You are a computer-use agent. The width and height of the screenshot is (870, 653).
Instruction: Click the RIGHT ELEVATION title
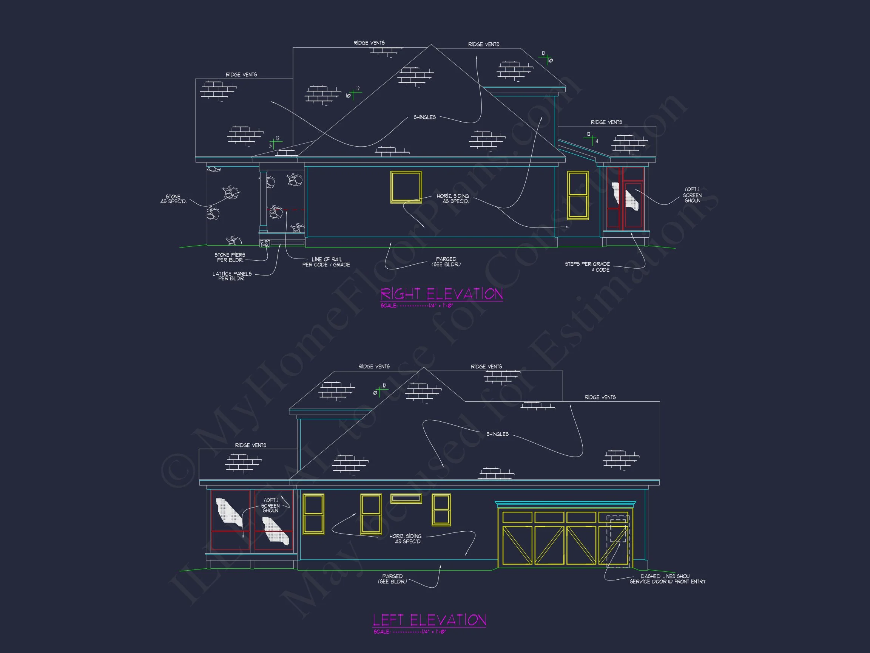point(441,294)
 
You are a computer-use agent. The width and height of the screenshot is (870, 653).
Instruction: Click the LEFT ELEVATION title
point(429,620)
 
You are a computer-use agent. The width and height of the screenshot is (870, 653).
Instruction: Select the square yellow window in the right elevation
point(406,187)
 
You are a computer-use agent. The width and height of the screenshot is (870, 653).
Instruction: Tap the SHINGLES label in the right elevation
point(424,117)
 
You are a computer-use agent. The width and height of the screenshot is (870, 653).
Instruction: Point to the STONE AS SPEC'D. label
point(173,199)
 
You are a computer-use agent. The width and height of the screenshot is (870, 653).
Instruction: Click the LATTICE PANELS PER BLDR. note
point(232,276)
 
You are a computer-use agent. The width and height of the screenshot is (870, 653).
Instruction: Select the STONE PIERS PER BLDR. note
point(230,257)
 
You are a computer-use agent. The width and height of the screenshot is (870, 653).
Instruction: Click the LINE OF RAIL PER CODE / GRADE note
point(326,262)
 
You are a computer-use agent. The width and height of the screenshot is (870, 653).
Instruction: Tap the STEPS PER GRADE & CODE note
point(587,267)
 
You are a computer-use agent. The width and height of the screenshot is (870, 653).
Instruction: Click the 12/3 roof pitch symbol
point(275,142)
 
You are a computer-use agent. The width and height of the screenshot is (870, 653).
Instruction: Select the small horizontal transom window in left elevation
point(406,499)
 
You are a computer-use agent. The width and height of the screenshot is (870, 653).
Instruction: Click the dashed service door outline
point(617,541)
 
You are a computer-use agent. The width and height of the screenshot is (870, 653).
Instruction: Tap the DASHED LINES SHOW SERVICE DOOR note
point(668,579)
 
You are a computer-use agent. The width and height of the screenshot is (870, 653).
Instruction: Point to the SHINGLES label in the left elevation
point(497,434)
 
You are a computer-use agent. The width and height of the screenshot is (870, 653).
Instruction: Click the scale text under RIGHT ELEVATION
point(417,306)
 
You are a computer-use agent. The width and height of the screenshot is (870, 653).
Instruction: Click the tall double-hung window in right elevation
point(578,195)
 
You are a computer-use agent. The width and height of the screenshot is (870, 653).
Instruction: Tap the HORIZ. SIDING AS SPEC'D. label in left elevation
point(406,539)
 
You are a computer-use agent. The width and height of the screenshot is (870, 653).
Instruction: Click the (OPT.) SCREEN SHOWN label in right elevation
point(692,195)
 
